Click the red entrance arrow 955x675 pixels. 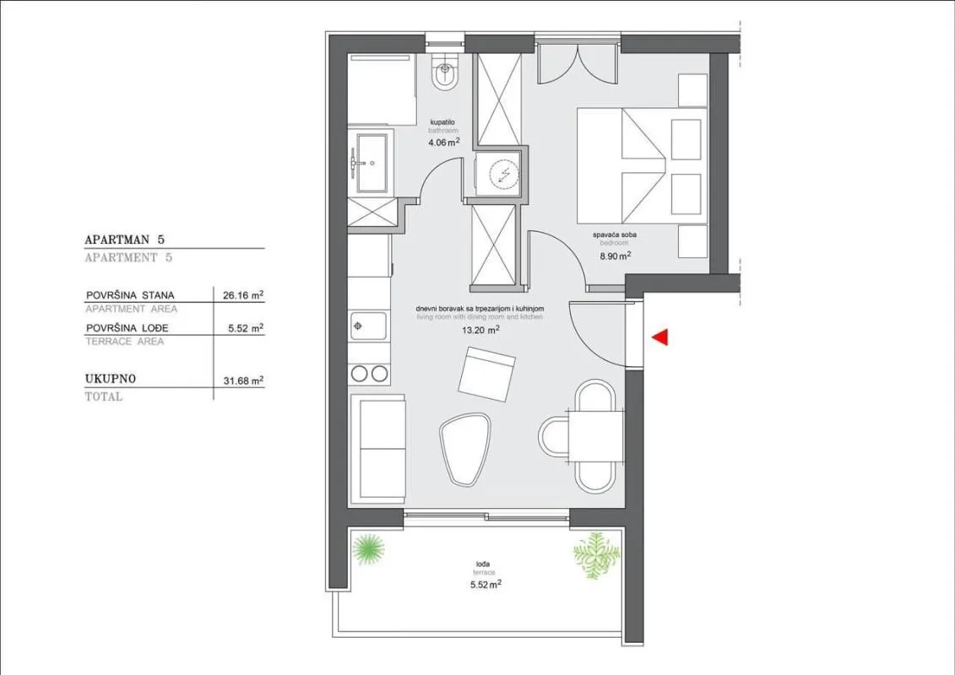click(x=660, y=337)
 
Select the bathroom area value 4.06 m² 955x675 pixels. click(x=443, y=143)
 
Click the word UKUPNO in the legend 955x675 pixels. click(x=111, y=380)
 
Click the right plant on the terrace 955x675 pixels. click(x=596, y=553)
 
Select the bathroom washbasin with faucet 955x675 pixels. click(x=370, y=163)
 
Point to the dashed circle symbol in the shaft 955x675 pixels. click(x=501, y=175)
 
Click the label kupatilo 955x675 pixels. click(x=442, y=122)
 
